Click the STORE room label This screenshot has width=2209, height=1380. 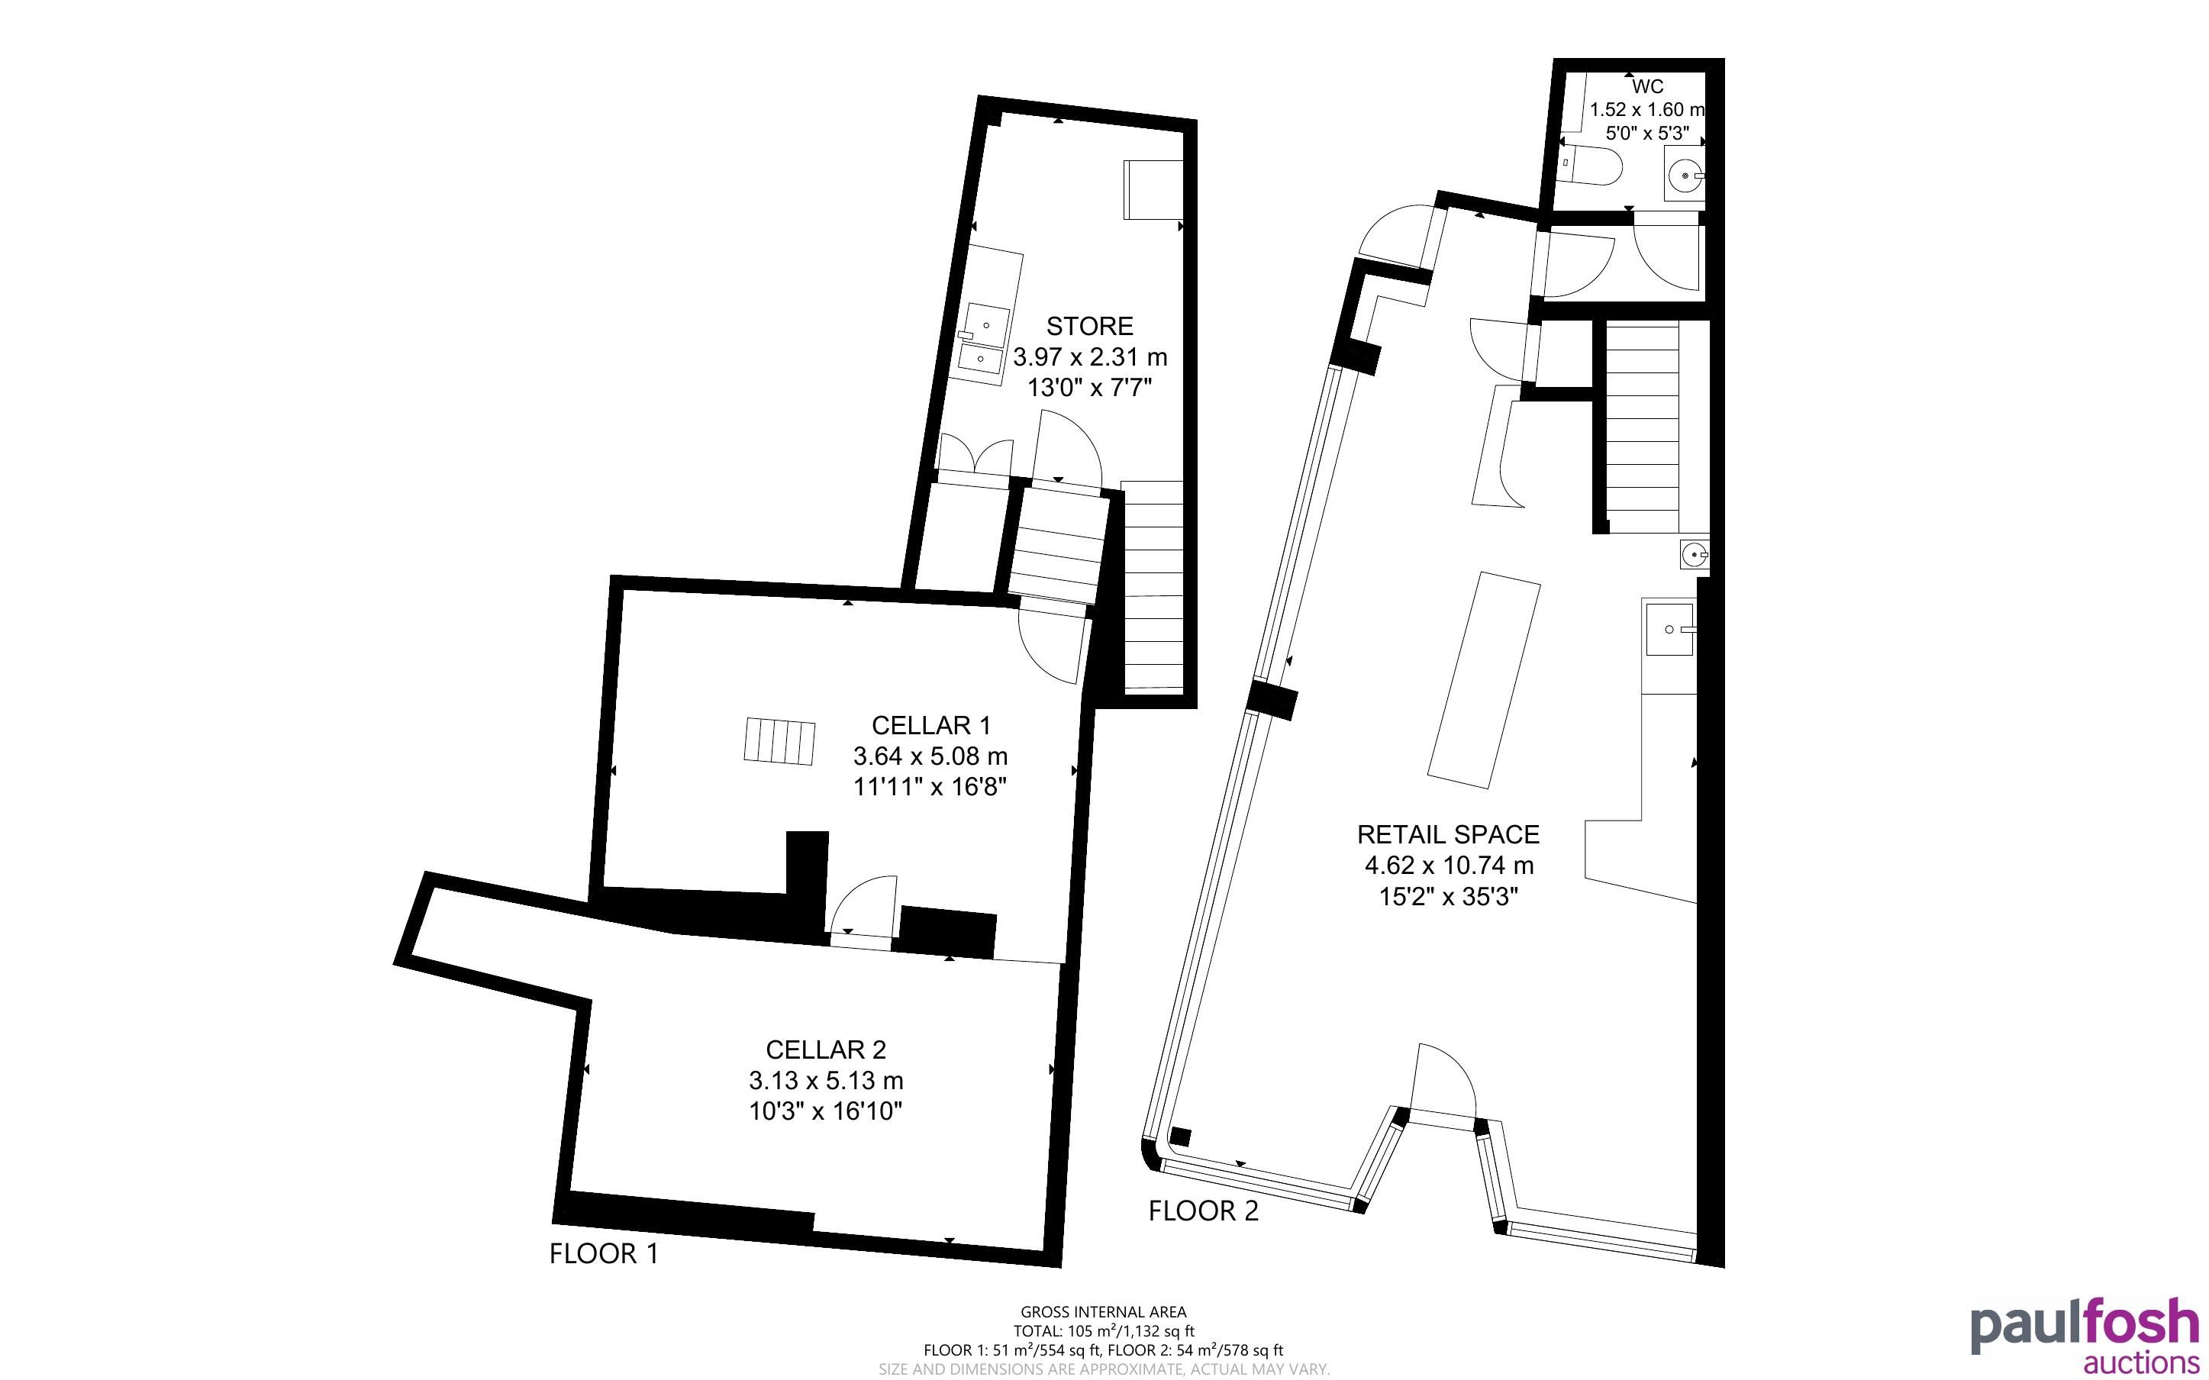pyautogui.click(x=1089, y=326)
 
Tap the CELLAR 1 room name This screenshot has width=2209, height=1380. pyautogui.click(x=930, y=726)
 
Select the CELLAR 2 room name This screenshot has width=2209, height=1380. pyautogui.click(x=826, y=1050)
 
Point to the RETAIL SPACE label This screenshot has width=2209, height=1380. pyautogui.click(x=1448, y=834)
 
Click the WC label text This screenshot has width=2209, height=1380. pyautogui.click(x=1647, y=87)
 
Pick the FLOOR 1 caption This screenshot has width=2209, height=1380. pyautogui.click(x=603, y=1254)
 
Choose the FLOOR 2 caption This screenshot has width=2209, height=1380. pyautogui.click(x=1203, y=1211)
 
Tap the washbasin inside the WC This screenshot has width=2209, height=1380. pyautogui.click(x=1685, y=176)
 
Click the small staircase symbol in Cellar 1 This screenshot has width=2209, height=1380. pyautogui.click(x=779, y=740)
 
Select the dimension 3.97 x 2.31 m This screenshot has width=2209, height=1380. pyautogui.click(x=1089, y=357)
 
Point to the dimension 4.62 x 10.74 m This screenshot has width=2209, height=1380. pyautogui.click(x=1448, y=866)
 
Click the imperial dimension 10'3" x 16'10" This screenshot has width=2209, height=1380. pyautogui.click(x=826, y=1111)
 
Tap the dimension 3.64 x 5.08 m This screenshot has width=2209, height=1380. pyautogui.click(x=930, y=756)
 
